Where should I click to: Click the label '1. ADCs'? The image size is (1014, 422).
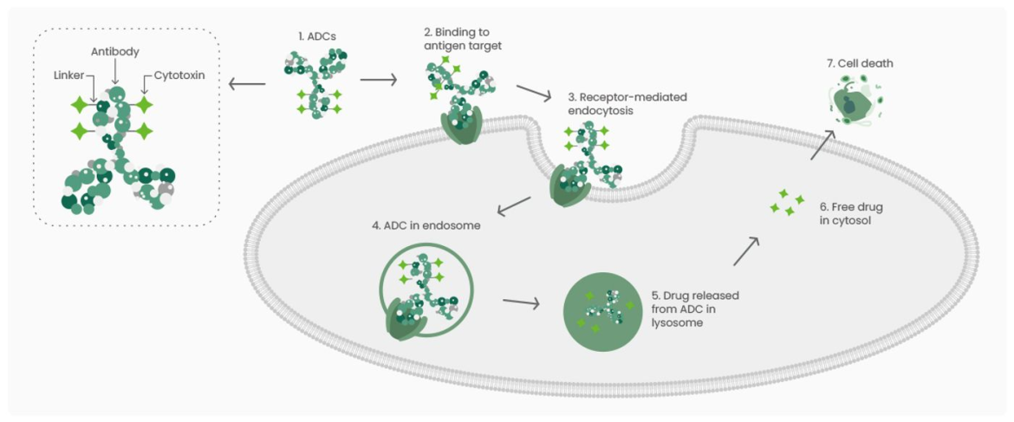point(315,37)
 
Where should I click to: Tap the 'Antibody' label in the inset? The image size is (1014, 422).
point(115,53)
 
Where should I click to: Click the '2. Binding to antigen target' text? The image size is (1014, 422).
point(463,38)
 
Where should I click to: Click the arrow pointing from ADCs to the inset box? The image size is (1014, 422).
point(246,84)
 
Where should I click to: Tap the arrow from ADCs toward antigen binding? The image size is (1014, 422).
point(378,81)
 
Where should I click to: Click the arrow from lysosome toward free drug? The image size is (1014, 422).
point(746,251)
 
